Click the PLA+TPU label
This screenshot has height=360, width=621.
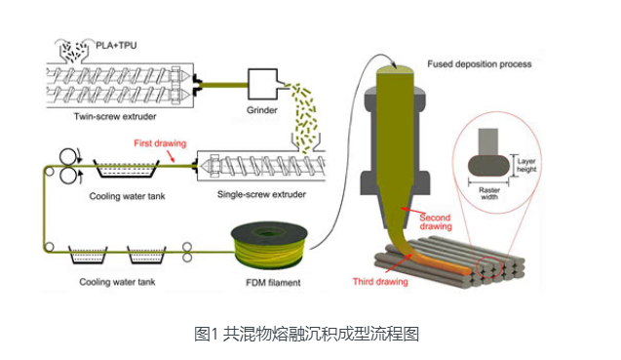pos(116,45)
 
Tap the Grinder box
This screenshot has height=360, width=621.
pos(263,84)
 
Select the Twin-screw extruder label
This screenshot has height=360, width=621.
pos(115,116)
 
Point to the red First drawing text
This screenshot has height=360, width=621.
pos(160,143)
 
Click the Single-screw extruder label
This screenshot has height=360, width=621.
pos(261,194)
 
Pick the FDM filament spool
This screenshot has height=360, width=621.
pos(270,246)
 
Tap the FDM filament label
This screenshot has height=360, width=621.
pos(273,283)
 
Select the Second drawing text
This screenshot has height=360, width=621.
pos(435,221)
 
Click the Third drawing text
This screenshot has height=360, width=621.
pos(380,282)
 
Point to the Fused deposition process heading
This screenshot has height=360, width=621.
pos(480,64)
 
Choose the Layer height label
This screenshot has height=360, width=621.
pos(526,165)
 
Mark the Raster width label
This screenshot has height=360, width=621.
pos(489,193)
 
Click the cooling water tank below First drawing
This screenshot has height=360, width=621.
pos(127,169)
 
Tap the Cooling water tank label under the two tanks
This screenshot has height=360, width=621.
pos(117,282)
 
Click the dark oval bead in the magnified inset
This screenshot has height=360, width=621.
pos(488,165)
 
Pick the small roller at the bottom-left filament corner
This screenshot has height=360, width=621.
pos(49,247)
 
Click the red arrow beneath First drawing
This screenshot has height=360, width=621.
pos(171,156)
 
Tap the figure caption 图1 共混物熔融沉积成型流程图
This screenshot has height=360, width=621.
pos(306,334)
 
